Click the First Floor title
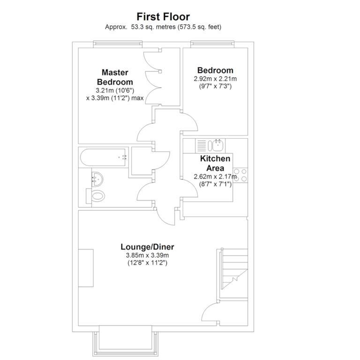[163, 17]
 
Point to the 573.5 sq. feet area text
[197, 27]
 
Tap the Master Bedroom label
[115, 77]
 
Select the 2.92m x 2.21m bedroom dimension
[215, 79]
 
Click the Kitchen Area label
[215, 163]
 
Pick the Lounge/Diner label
[147, 247]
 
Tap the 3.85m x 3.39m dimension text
[147, 255]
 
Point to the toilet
[97, 196]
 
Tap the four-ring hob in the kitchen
[240, 175]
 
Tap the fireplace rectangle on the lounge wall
[86, 268]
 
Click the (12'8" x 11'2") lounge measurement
[147, 263]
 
